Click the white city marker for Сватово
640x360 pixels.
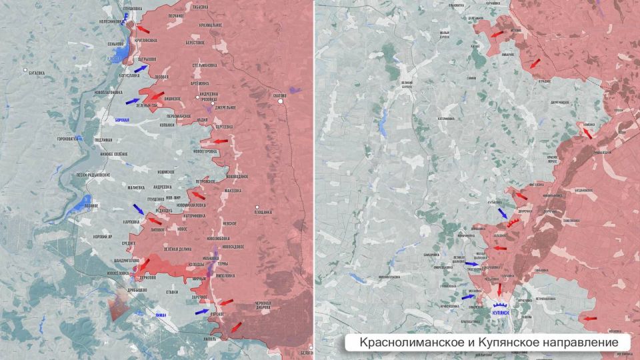281,102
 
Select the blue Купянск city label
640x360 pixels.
501,311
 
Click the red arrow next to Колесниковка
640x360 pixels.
143,29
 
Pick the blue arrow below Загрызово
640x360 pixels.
141,68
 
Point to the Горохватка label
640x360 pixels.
67,139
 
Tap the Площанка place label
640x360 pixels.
263,213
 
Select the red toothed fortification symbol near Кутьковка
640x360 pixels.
513,222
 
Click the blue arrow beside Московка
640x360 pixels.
469,297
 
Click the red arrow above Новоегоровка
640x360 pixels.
220,141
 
